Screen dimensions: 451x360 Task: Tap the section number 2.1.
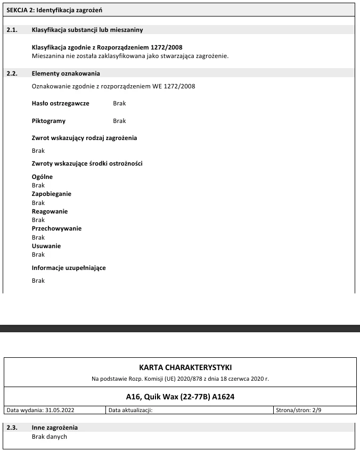12,30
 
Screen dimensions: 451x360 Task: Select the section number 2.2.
12,73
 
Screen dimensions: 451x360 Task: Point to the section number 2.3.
12,428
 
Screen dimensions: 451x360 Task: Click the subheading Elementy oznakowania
66,73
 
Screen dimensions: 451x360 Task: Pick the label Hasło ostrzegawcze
61,103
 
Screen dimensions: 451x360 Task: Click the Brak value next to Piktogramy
119,121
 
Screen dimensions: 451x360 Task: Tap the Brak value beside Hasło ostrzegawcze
119,103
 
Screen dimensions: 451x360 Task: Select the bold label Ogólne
43,177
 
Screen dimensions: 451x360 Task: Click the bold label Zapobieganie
52,194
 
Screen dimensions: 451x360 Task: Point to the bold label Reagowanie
50,211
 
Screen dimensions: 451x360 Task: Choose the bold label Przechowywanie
56,228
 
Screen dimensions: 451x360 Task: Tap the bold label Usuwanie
46,246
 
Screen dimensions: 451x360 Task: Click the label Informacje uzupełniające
69,268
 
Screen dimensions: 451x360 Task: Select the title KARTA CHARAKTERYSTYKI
179,367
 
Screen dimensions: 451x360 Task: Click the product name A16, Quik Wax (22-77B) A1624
179,397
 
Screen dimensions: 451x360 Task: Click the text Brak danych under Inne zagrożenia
50,437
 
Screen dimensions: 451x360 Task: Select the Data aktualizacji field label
130,410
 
